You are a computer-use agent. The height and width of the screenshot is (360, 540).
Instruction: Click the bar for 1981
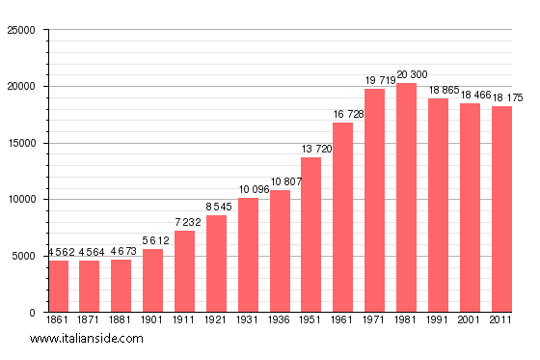coord(406,198)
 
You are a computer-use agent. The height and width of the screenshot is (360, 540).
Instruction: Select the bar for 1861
coord(59,287)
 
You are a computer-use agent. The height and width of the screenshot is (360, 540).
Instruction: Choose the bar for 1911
coord(185,271)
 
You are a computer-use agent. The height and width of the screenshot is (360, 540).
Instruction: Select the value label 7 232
coord(185,222)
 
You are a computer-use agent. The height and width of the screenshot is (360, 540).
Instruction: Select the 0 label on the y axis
coord(32,313)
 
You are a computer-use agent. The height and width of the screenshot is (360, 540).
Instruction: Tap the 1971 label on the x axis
coord(374,319)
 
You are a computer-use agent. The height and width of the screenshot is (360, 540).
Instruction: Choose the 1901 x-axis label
coord(153,319)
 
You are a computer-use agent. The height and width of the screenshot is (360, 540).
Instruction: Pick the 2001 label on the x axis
coord(470,319)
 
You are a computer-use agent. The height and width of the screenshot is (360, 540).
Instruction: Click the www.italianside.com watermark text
coord(87,339)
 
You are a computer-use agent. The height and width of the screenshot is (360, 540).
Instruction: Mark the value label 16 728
coord(342,115)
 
